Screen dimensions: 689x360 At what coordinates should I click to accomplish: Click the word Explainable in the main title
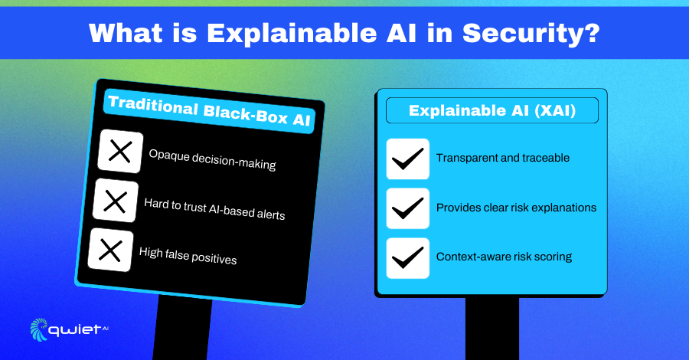292,34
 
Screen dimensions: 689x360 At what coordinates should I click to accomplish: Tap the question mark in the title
592,32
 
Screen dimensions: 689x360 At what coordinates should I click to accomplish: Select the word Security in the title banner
521,34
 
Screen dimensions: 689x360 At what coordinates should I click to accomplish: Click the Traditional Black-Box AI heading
209,111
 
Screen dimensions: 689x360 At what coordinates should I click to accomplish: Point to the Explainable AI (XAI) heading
492,110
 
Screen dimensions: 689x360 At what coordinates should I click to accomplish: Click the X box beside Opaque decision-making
120,151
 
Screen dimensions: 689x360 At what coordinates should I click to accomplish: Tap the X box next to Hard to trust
115,201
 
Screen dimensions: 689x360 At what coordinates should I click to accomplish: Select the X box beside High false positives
110,250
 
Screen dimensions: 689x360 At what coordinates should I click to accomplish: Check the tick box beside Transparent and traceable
408,159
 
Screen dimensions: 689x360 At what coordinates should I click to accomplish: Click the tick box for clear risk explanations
408,208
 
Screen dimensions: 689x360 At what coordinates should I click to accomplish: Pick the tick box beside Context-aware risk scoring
408,258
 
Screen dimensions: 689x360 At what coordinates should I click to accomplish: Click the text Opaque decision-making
212,159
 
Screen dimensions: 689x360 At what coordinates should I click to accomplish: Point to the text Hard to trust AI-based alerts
214,208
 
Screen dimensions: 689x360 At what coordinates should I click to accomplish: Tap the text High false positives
188,255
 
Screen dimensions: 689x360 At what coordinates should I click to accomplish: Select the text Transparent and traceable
503,158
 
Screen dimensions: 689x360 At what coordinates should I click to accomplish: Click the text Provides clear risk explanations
516,208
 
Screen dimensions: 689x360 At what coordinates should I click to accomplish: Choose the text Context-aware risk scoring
504,257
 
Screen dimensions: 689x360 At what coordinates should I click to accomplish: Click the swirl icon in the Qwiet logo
39,329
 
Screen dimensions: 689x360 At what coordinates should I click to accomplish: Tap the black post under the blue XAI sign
492,328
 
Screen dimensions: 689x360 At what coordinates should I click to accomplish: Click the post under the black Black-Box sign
182,329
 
